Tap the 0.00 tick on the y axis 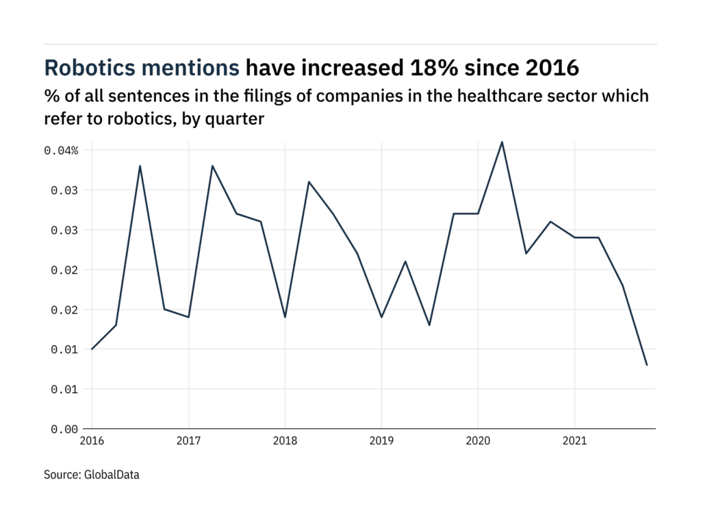coord(66,429)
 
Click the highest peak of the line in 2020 coord(502,142)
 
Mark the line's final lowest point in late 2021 coord(647,365)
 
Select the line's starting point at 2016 coord(92,349)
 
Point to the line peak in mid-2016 coord(140,166)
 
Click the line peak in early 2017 coord(212,166)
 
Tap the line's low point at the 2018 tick coord(285,317)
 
